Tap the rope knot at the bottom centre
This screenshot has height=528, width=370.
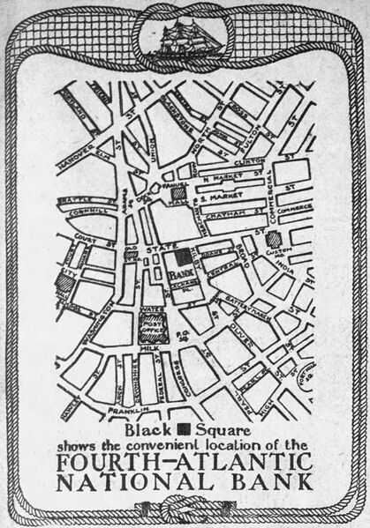pyautogui.click(x=185, y=509)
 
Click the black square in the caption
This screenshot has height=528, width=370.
pyautogui.click(x=184, y=431)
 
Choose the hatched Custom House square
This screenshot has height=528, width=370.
pyautogui.click(x=275, y=239)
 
